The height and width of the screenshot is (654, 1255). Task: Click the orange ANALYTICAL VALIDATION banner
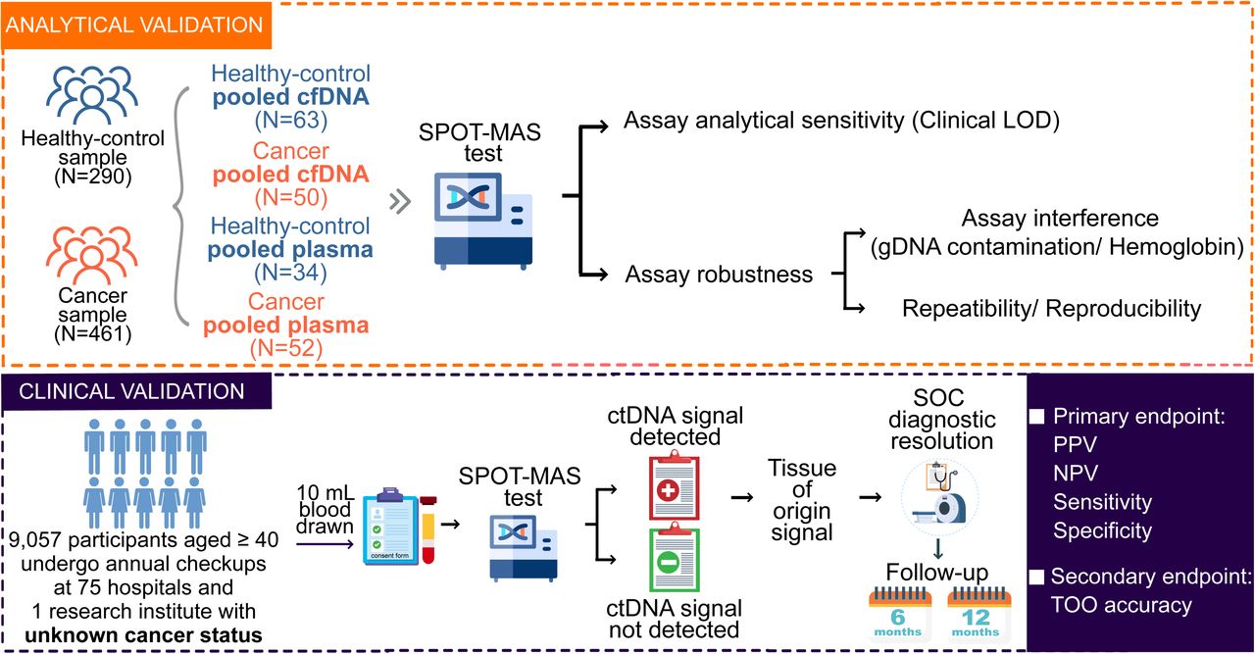click(x=136, y=25)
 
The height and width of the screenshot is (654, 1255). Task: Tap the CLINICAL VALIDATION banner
click(x=136, y=391)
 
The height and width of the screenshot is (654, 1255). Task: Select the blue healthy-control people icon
click(x=92, y=95)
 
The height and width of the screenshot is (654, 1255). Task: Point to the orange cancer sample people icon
click(x=92, y=255)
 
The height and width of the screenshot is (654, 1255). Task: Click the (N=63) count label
click(x=291, y=121)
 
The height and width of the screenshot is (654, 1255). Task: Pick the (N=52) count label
click(x=286, y=349)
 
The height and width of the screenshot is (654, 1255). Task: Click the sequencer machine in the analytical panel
click(x=483, y=221)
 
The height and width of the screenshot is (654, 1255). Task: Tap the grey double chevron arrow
click(x=400, y=202)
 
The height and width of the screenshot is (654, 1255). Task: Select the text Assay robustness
click(x=719, y=274)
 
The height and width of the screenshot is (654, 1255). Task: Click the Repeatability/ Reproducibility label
click(x=1052, y=308)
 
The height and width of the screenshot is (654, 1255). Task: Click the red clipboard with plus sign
click(x=674, y=487)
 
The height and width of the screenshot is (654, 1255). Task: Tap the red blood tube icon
click(x=428, y=529)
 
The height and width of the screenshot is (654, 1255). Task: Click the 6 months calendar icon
click(x=898, y=616)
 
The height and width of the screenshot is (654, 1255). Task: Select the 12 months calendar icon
click(x=979, y=616)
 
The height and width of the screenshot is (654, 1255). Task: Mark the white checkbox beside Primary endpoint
click(x=1037, y=417)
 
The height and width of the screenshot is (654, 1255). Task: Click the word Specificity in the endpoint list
click(x=1102, y=530)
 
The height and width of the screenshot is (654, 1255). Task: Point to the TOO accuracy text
click(x=1121, y=605)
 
